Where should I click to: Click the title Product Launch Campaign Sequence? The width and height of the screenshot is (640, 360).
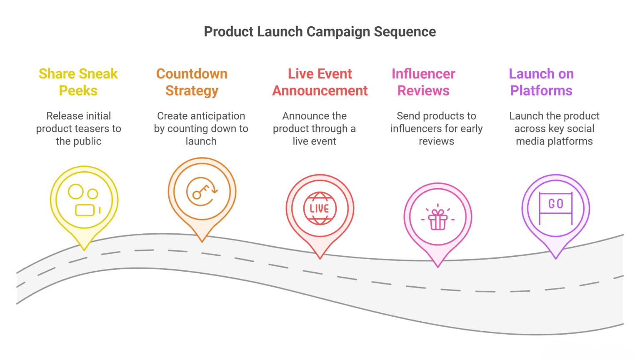click(x=320, y=32)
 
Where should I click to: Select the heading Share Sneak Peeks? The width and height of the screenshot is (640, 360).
click(x=78, y=82)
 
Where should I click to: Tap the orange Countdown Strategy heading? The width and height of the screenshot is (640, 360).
click(x=192, y=82)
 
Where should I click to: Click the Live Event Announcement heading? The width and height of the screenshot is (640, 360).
click(x=320, y=82)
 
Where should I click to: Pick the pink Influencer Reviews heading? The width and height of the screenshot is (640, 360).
click(x=423, y=82)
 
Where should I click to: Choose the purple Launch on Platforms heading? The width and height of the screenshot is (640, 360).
click(x=541, y=82)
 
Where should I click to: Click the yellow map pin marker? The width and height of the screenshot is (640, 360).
click(x=84, y=200)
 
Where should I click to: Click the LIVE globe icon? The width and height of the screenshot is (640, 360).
click(x=320, y=208)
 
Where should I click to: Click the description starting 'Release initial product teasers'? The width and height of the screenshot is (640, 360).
click(x=78, y=128)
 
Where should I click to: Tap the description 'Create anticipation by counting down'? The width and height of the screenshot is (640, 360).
click(x=201, y=128)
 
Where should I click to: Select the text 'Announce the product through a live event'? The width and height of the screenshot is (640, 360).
click(x=314, y=128)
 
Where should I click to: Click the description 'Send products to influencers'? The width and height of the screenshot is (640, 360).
click(x=436, y=128)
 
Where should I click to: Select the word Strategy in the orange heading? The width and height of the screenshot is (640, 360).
click(x=192, y=91)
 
